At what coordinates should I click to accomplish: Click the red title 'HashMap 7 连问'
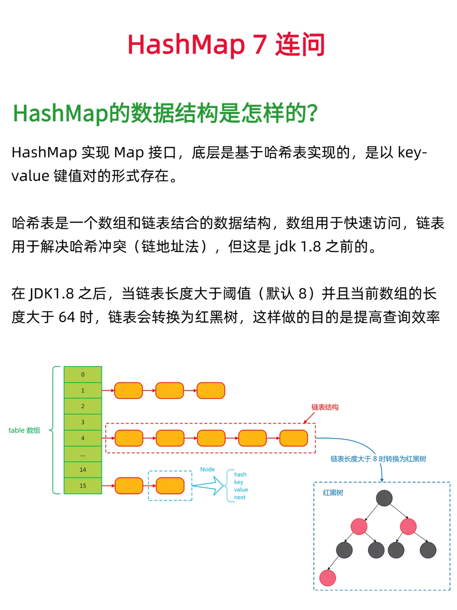pos(226,44)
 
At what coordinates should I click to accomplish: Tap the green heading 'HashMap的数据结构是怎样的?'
pos(165,113)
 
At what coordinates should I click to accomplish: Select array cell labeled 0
pos(83,374)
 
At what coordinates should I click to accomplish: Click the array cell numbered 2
pos(83,406)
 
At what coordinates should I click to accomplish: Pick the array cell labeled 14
pos(83,470)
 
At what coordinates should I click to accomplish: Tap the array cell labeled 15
pos(83,486)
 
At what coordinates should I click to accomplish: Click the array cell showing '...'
pos(83,454)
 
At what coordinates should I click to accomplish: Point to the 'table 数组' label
pos(24,430)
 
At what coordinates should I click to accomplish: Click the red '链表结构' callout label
pos(325,407)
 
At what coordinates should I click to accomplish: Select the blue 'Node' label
pos(207,469)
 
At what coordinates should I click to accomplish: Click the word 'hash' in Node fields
pos(240,474)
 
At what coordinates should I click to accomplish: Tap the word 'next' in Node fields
pos(240,497)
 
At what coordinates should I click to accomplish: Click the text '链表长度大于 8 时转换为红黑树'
pos(378,459)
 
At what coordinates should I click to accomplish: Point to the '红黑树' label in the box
pos(333,493)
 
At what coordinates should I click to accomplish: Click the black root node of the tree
pos(384,498)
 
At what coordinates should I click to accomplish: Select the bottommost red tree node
pos(328,578)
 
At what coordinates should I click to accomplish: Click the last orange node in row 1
pos(211,391)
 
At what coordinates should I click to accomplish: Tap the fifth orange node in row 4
pos(294,438)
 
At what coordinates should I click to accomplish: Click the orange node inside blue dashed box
pos(170,486)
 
